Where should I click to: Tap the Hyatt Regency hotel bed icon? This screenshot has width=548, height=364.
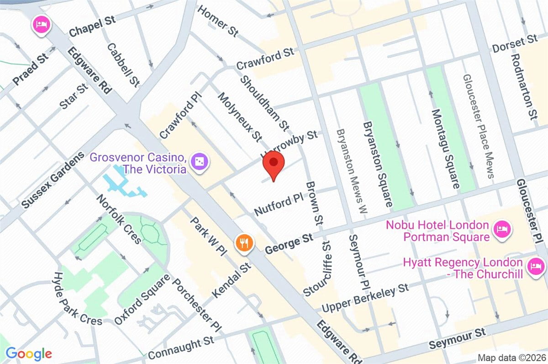[x=534, y=267]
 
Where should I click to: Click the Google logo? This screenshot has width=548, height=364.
[x=28, y=353]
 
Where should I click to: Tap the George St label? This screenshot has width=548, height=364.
[x=289, y=244]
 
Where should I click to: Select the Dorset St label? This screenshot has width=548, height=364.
[x=514, y=44]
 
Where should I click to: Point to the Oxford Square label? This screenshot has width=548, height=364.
[x=142, y=299]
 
